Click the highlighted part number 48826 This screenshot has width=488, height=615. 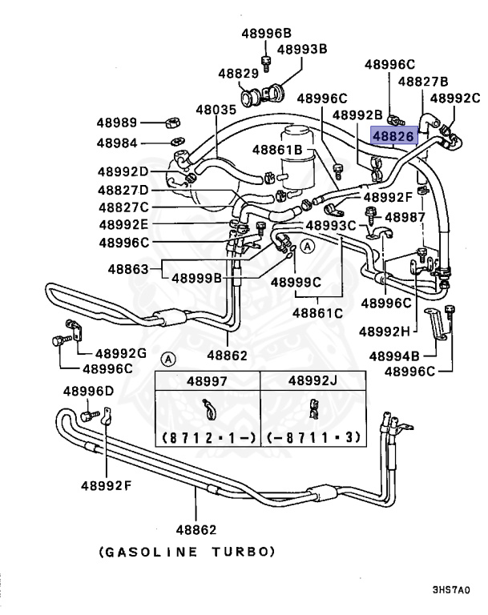coord(393,136)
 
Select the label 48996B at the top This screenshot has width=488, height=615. coord(266,34)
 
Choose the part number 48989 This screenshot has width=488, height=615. coord(118,123)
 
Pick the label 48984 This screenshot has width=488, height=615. coord(119,143)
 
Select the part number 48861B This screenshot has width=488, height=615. coord(276,149)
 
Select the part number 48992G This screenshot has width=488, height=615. coord(121,352)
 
